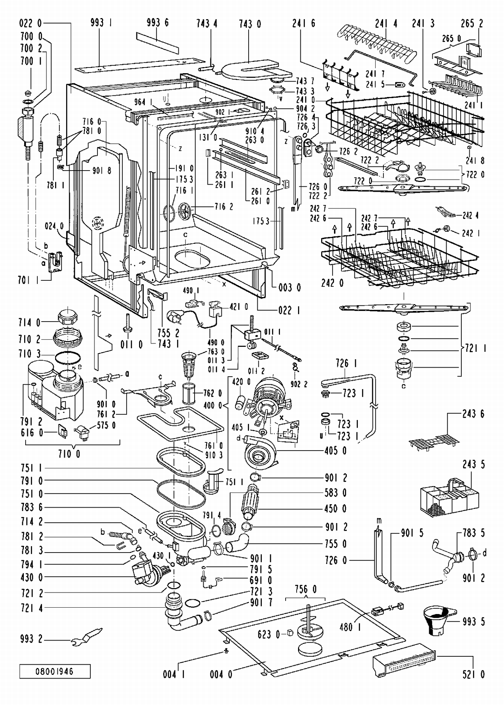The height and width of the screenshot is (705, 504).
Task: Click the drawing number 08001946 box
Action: [x=55, y=671]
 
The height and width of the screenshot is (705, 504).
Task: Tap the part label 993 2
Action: [x=32, y=639]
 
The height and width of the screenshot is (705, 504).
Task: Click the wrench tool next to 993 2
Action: [x=87, y=637]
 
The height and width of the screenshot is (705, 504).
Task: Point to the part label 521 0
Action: [x=473, y=674]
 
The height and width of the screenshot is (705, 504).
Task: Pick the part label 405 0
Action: [x=336, y=450]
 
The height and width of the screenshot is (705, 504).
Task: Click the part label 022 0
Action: [x=31, y=23]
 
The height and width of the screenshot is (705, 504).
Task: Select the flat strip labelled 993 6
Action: [x=158, y=43]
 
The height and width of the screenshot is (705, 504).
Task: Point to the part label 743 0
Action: [x=250, y=24]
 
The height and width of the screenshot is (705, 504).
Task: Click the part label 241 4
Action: [x=386, y=23]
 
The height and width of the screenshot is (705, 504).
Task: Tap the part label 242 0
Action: [x=332, y=283]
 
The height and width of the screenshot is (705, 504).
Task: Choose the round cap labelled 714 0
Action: [x=68, y=316]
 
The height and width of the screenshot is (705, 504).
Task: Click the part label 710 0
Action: [x=69, y=454]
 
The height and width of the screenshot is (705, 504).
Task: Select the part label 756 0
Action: [x=305, y=589]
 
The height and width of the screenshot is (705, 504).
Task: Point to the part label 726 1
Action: [x=346, y=363]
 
